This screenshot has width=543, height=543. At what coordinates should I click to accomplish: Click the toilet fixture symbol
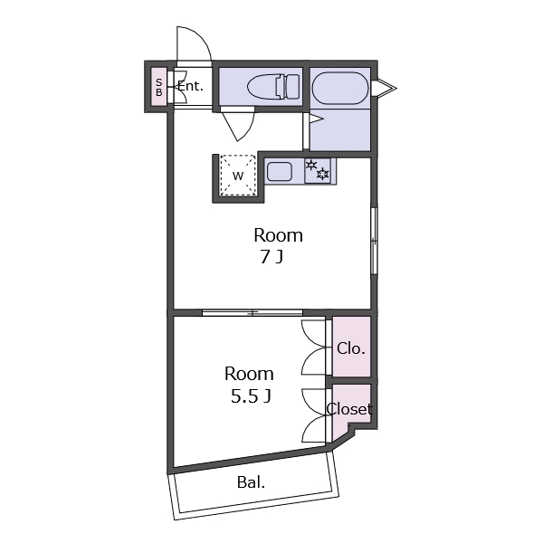coord(273,86)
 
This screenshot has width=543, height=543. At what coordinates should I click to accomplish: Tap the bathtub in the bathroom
coord(340,88)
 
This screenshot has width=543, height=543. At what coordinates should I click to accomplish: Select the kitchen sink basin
coord(280,171)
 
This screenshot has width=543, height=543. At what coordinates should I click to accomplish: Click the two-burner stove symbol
coord(318,170)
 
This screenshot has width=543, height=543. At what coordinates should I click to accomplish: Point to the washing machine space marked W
coord(238,176)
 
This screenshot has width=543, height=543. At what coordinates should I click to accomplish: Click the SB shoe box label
coord(159,87)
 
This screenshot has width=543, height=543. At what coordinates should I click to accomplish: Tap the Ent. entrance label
coord(190,86)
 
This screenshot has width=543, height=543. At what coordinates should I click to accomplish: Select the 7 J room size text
coord(271,257)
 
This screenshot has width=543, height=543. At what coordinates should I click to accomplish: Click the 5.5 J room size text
coord(251,396)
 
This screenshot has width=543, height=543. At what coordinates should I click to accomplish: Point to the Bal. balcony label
coord(251,482)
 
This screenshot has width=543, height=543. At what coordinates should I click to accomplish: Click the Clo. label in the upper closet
coord(351,348)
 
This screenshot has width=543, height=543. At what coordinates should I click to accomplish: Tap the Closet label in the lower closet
coord(349,409)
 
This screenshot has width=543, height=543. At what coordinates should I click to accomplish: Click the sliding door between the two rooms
coord(252,313)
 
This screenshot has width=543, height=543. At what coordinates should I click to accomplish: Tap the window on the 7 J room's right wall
coord(374,241)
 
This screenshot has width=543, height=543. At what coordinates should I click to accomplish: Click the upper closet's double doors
coord(313,348)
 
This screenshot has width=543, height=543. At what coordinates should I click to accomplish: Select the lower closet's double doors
coord(313,415)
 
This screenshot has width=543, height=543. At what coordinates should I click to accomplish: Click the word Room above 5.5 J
coord(249,374)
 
